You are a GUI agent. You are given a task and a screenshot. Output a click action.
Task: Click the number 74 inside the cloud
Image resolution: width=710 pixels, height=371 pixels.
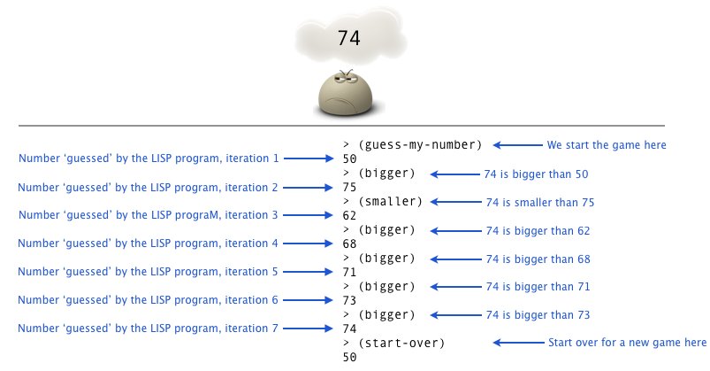tap(349, 39)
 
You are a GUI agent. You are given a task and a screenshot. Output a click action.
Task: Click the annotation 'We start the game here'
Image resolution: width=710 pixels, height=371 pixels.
tap(607, 144)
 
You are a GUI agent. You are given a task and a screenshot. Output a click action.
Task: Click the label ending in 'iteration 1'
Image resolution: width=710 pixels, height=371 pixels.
tap(149, 158)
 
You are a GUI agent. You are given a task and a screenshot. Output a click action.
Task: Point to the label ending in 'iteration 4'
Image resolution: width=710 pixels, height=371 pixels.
tap(149, 243)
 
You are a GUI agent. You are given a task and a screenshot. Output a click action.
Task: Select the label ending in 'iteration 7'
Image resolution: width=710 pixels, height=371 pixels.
tap(149, 328)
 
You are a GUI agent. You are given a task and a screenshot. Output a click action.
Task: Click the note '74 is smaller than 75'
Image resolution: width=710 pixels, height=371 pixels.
tap(539, 203)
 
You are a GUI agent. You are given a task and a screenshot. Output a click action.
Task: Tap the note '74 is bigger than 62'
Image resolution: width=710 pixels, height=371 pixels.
tap(537, 231)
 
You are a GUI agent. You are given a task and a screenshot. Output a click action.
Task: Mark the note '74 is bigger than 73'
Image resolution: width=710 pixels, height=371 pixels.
tap(537, 314)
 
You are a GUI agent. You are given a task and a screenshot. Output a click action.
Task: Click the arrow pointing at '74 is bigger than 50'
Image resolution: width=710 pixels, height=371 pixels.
tap(458, 174)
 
